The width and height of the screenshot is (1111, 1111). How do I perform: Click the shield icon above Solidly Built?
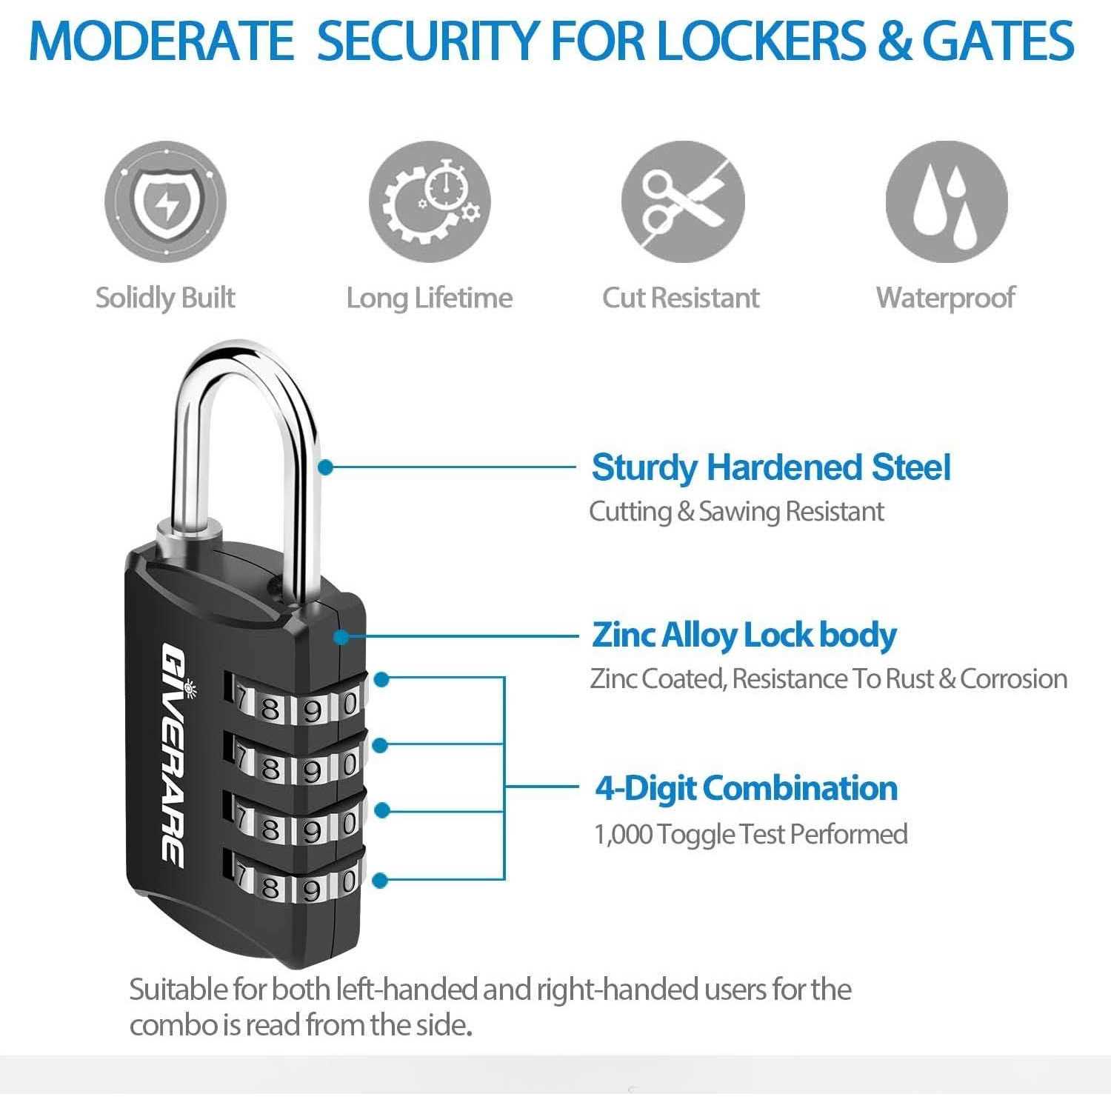165,201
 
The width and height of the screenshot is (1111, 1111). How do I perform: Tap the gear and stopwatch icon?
430,201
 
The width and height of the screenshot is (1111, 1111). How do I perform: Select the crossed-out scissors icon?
682,201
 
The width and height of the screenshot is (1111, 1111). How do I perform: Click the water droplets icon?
947,201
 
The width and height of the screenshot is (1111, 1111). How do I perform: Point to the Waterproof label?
945,298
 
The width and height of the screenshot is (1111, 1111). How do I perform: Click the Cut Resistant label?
681,298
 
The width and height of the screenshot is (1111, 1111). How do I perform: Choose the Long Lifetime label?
430,298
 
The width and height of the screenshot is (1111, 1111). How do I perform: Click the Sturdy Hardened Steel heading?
770,467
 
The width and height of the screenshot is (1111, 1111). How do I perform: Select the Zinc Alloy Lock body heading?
744,635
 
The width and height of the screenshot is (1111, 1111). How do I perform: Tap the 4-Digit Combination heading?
746,788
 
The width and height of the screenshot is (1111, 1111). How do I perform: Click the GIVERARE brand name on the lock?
173,753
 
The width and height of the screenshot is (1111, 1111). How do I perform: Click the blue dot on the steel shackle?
326,467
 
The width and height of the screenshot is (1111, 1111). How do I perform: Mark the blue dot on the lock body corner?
341,636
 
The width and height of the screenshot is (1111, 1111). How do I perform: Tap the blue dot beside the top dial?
381,678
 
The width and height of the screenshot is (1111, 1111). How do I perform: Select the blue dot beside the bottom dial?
380,880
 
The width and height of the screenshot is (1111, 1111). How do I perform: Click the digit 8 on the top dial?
270,709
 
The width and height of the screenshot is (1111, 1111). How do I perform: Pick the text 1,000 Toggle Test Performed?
751,834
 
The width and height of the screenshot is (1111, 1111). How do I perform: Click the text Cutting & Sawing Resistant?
736,511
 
